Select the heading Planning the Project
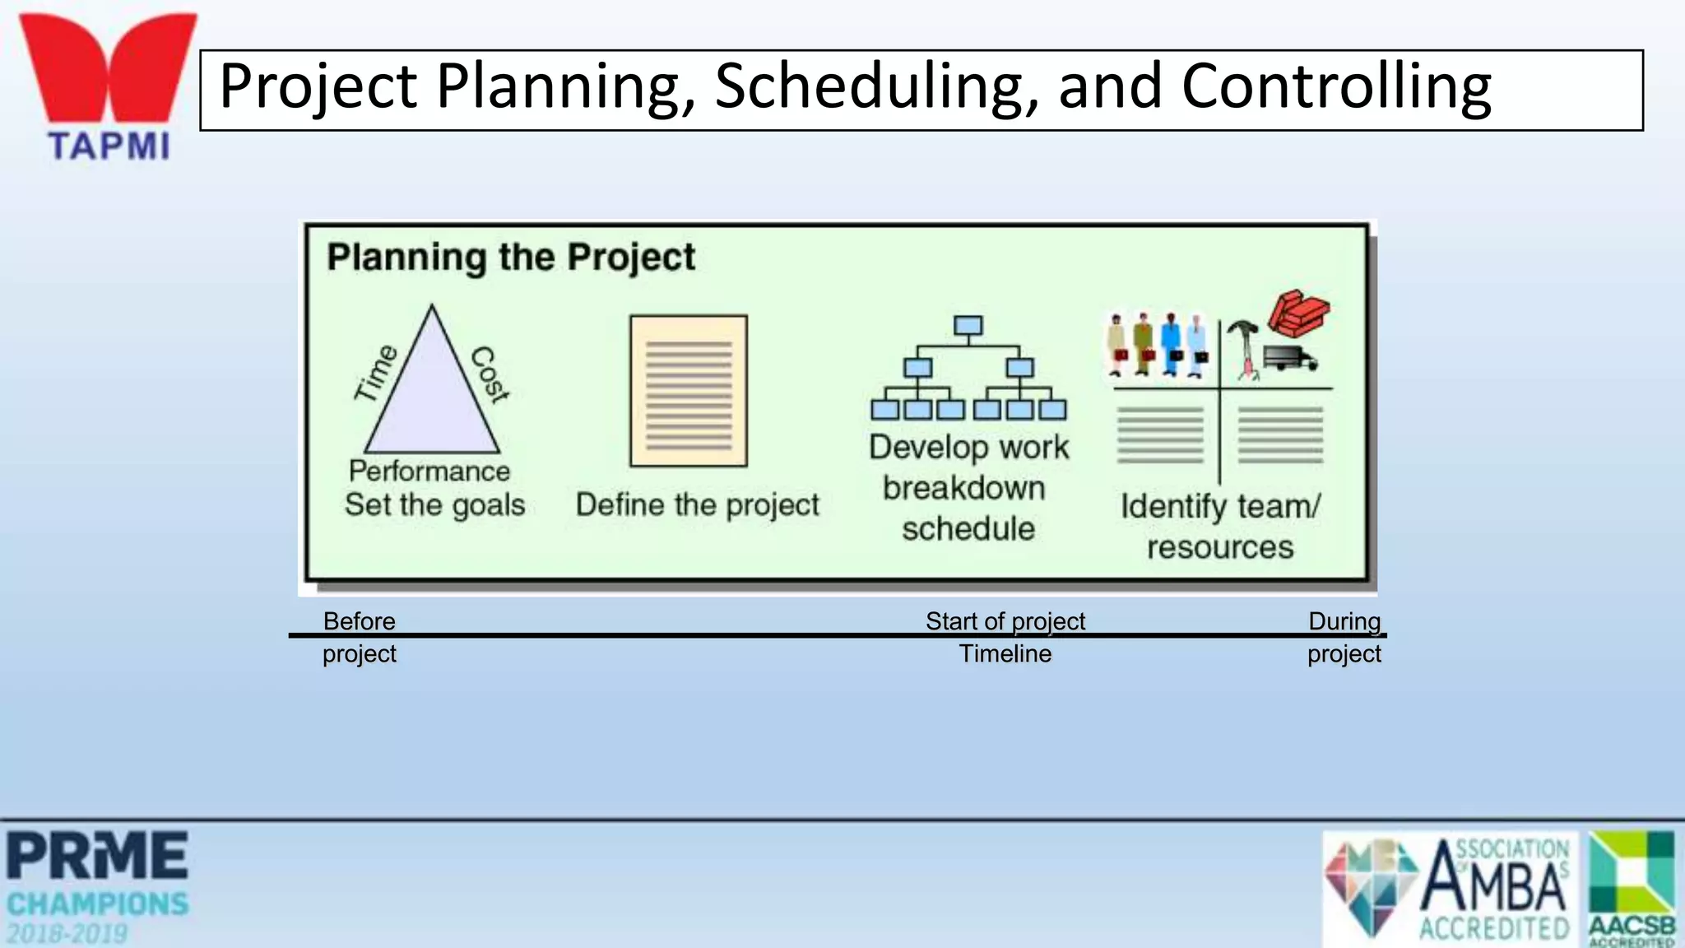(x=511, y=257)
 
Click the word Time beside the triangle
(x=376, y=373)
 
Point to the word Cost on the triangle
(x=490, y=374)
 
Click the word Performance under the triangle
(x=429, y=471)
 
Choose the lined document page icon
(x=689, y=391)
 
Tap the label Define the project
(x=697, y=504)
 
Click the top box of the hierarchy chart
(x=968, y=326)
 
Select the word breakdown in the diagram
(x=964, y=488)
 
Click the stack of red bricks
(x=1297, y=313)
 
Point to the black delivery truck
(x=1289, y=358)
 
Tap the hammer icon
(x=1243, y=346)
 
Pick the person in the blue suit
(x=1171, y=344)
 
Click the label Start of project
(x=1005, y=621)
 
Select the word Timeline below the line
(x=1005, y=654)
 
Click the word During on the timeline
(x=1344, y=621)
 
